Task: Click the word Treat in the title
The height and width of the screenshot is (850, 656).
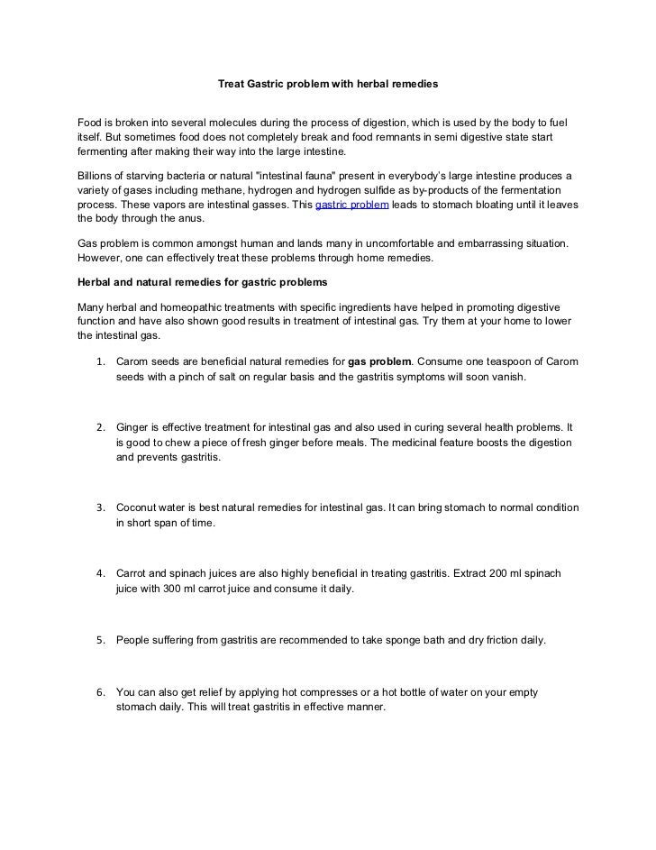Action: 233,83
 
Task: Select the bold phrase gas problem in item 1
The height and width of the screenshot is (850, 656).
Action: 380,362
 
